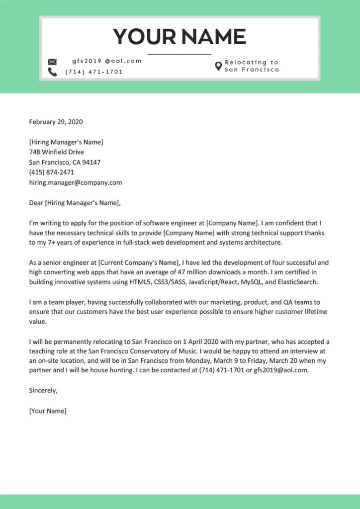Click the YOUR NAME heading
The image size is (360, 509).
[x=180, y=36]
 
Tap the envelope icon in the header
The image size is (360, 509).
[x=52, y=62]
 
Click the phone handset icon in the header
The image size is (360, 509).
[x=52, y=72]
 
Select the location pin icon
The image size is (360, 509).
[x=218, y=66]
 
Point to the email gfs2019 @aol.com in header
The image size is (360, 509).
[x=107, y=61]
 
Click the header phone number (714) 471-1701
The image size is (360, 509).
[x=94, y=72]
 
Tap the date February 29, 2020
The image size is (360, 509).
[x=56, y=122]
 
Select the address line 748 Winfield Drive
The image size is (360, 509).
[x=56, y=152]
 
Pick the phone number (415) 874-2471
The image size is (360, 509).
[x=52, y=172]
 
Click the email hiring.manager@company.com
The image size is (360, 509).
[x=76, y=182]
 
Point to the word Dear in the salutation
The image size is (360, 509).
[x=36, y=203]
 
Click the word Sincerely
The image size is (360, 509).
[x=43, y=391]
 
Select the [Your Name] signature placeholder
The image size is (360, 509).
[x=48, y=411]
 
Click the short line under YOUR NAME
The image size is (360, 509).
[x=180, y=54]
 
